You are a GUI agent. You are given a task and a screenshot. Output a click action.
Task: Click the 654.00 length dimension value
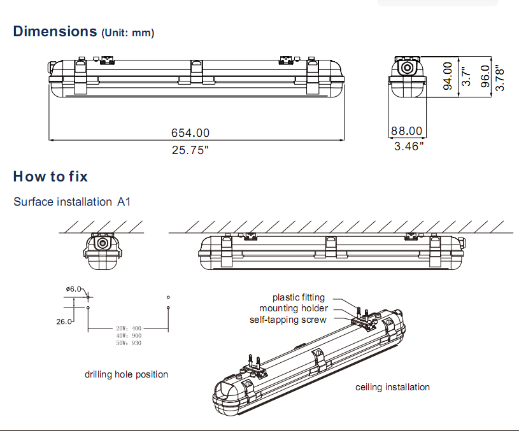[190, 133]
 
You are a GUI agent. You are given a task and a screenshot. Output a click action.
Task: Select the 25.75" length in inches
[190, 150]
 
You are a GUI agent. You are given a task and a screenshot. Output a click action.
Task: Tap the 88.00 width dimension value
[406, 131]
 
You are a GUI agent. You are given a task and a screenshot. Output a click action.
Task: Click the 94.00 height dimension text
[448, 76]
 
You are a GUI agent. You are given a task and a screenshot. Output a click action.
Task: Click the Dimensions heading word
[55, 31]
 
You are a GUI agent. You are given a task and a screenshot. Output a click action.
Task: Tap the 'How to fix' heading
[50, 176]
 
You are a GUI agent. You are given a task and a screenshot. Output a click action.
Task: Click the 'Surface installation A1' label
[72, 202]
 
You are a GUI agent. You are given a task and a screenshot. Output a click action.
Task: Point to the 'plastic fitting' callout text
[299, 297]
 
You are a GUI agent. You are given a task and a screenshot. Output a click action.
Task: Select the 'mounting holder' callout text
[294, 309]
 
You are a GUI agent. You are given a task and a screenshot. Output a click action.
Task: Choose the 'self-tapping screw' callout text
[288, 320]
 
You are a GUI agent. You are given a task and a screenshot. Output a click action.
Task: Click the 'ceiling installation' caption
[392, 387]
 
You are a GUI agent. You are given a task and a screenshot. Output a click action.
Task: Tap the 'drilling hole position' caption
[126, 374]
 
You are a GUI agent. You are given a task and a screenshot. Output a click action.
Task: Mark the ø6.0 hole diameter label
[73, 289]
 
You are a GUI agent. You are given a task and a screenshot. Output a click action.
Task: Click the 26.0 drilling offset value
[63, 321]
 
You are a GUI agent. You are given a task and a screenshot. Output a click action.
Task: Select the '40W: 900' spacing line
[129, 336]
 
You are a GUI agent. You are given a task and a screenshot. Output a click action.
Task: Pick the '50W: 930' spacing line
[129, 343]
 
